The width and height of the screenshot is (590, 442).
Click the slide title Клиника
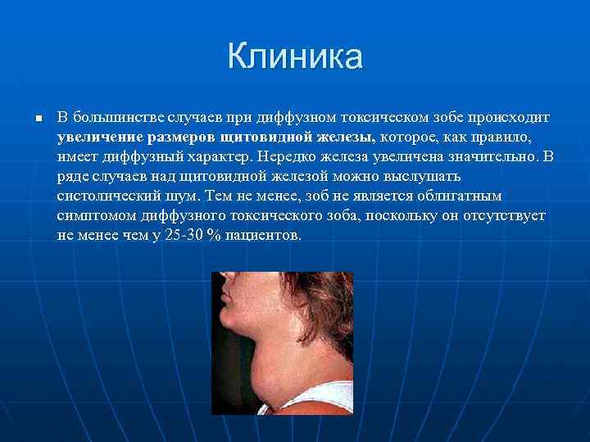(x=295, y=58)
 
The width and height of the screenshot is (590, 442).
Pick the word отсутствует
(x=501, y=216)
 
